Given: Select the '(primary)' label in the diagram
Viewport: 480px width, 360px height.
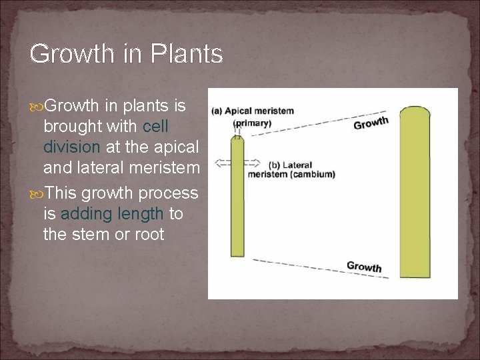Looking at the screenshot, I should [253, 123].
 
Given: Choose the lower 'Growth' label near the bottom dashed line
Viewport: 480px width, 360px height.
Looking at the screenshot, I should [364, 266].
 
